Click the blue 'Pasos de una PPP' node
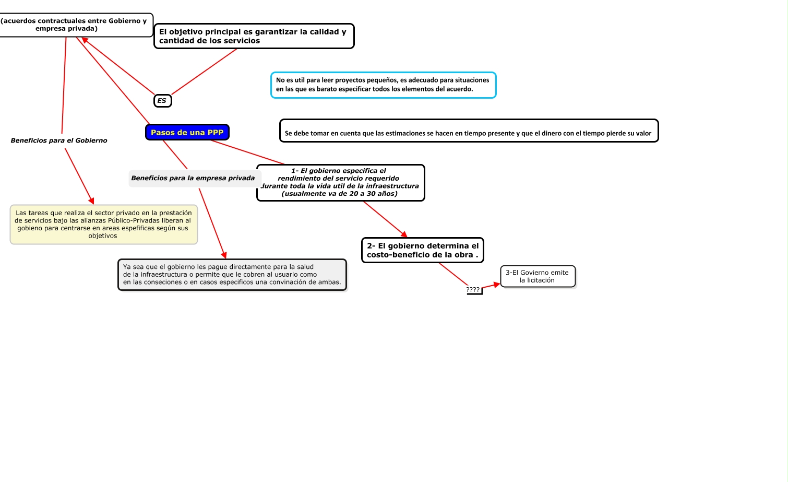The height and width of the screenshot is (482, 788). point(187,133)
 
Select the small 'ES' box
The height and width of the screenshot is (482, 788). point(162,101)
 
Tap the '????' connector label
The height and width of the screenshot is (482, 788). point(473,290)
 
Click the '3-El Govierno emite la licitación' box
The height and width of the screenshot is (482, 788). point(538,276)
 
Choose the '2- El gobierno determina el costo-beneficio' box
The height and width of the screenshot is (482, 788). point(422,250)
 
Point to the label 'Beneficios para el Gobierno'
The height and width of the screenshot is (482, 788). point(59,140)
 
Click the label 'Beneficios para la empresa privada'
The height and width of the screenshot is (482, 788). point(193,178)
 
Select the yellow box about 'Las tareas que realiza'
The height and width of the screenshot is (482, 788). point(103,225)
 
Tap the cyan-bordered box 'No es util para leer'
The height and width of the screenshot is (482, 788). point(383,85)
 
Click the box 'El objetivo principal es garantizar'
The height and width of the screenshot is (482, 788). point(254,36)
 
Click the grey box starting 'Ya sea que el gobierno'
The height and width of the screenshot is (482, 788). point(232,275)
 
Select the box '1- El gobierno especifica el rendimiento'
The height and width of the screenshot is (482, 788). point(340,182)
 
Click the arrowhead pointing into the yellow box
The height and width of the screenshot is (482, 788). point(92,201)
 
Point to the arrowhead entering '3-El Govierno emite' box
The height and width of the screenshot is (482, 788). point(497,285)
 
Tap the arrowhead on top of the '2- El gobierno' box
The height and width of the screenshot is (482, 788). point(404,234)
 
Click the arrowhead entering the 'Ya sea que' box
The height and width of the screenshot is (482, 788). point(224,255)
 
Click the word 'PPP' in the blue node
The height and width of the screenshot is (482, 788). point(216,133)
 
